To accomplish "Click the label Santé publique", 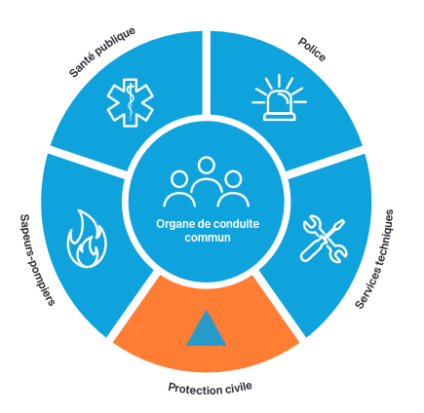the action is coord(102,52).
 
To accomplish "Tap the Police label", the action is coord(312,50).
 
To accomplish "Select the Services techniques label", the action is coord(374,259).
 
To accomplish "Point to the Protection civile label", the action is coord(210,388).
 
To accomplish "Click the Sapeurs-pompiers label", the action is coord(37,260).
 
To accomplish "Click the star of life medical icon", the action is coord(130,102).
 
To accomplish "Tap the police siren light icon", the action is coord(280,97).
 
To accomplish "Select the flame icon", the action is coord(87,239).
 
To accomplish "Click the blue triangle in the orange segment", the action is coord(206,328).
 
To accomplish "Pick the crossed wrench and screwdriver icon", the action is coord(324,239).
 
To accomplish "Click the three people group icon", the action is coord(206,182).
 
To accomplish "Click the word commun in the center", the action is coord(208,238).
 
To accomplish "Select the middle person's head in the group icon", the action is coord(206,166).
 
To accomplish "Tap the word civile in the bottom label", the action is coord(238,387).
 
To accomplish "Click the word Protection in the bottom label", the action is coord(194,389).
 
